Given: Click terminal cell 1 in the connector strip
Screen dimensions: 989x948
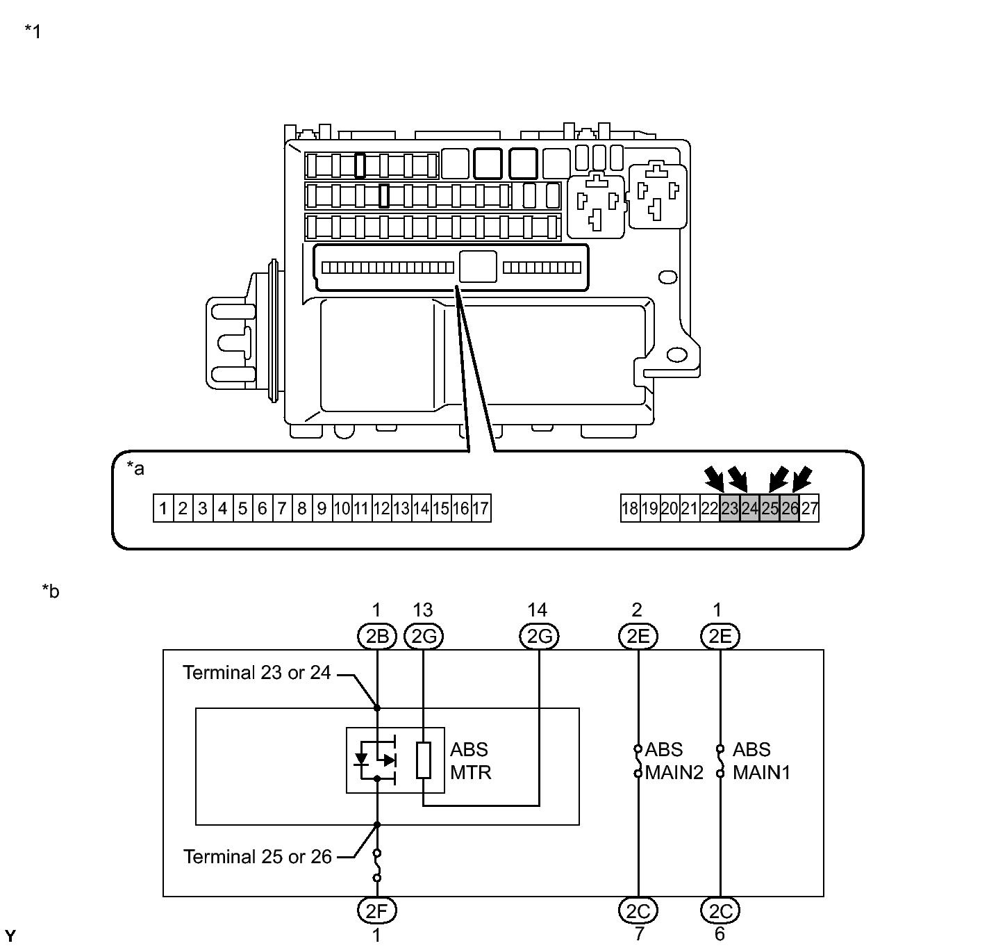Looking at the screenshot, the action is coord(163,508).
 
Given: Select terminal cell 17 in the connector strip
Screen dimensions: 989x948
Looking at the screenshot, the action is coord(481,508).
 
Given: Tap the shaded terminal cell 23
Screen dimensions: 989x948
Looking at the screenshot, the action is coord(730,508).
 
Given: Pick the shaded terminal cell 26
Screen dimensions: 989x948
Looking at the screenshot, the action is coord(789,508).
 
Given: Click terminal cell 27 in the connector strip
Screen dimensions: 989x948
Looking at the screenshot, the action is coord(809,508).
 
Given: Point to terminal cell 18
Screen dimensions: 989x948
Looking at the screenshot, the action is coord(630,508).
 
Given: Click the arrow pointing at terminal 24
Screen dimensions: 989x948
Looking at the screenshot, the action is coord(739,479).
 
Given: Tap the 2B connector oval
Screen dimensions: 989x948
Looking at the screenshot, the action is coord(377,636).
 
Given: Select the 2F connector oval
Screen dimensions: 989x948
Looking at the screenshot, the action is coord(377,910).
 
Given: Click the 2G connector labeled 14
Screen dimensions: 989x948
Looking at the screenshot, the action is coord(539,636).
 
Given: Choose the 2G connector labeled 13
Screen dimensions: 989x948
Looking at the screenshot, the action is coord(424,636).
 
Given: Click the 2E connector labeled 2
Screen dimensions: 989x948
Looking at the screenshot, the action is coord(638,636).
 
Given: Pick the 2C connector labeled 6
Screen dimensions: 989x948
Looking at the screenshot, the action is coord(720,910).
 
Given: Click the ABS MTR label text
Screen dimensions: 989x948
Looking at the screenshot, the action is coord(471,761).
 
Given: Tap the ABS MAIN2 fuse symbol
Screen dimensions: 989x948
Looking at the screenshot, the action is coord(638,761).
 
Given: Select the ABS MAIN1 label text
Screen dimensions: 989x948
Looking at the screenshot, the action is coord(761,761).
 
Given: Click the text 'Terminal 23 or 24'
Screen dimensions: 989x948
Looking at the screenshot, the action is coord(257,672).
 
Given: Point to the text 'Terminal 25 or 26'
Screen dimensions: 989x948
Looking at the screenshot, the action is coord(257,856).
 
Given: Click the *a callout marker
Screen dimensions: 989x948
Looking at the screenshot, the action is coord(135,468).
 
